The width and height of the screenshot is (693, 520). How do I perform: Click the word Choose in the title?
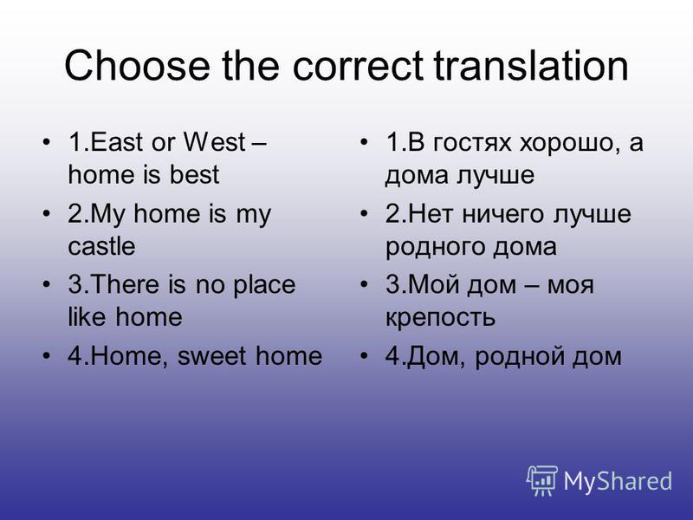pyautogui.click(x=137, y=65)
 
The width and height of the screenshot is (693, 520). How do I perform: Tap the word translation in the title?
pyautogui.click(x=531, y=65)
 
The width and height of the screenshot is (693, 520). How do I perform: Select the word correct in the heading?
pyautogui.click(x=358, y=66)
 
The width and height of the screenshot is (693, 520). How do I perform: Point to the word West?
pyautogui.click(x=214, y=142)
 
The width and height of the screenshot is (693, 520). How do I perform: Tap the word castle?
pyautogui.click(x=101, y=246)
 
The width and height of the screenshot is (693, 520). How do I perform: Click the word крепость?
pyautogui.click(x=441, y=318)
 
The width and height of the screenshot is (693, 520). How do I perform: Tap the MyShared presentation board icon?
pyautogui.click(x=542, y=481)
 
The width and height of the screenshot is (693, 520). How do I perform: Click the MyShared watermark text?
pyautogui.click(x=619, y=482)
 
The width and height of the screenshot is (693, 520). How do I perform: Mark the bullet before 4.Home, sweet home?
pyautogui.click(x=47, y=355)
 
